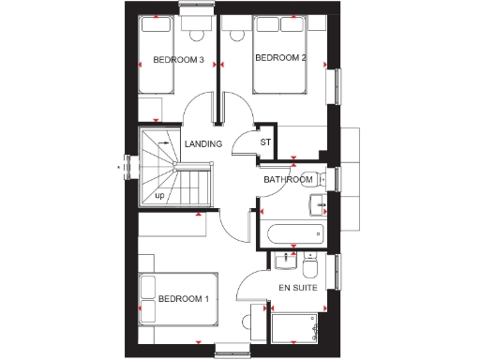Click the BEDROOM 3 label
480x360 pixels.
178,61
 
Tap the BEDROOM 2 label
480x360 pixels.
281,58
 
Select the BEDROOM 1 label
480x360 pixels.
183,300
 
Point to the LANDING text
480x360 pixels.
203,144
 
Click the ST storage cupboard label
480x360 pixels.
265,142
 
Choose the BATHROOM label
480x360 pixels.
287,179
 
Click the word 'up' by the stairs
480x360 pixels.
159,196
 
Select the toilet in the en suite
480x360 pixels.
312,262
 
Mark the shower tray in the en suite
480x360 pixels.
298,329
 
